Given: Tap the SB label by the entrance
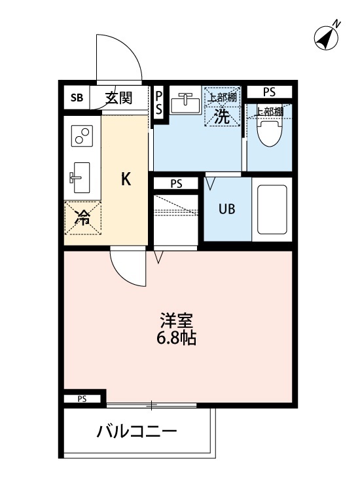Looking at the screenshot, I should tap(77, 98).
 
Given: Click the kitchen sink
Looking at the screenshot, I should tap(81, 177).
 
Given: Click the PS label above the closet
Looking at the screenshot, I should tap(176, 184).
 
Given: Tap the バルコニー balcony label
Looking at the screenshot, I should tap(137, 433).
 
